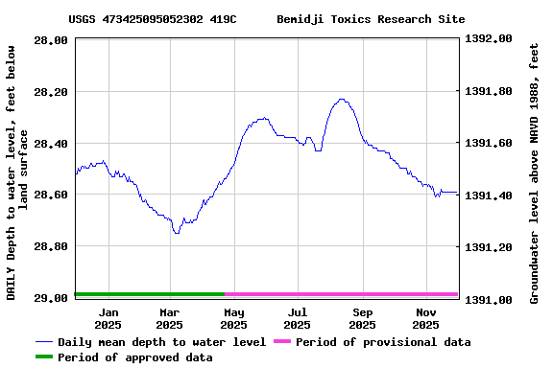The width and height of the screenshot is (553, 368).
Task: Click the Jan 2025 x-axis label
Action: pyautogui.click(x=109, y=318)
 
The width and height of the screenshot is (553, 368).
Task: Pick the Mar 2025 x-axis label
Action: pyautogui.click(x=170, y=318)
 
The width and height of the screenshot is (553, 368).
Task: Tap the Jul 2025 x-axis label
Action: pyautogui.click(x=298, y=318)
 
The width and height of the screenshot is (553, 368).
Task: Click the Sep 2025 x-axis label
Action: pyautogui.click(x=363, y=318)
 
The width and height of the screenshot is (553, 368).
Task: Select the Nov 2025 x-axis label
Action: pyautogui.click(x=426, y=318)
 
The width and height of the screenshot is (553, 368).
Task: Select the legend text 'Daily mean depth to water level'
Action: pyautogui.click(x=162, y=342)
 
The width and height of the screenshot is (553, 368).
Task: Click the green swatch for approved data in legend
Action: pyautogui.click(x=44, y=357)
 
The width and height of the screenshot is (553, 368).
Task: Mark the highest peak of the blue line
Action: pyautogui.click(x=341, y=99)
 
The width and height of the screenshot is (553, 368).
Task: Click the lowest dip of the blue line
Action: pyautogui.click(x=176, y=233)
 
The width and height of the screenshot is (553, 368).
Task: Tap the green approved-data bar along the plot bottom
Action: pyautogui.click(x=149, y=294)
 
